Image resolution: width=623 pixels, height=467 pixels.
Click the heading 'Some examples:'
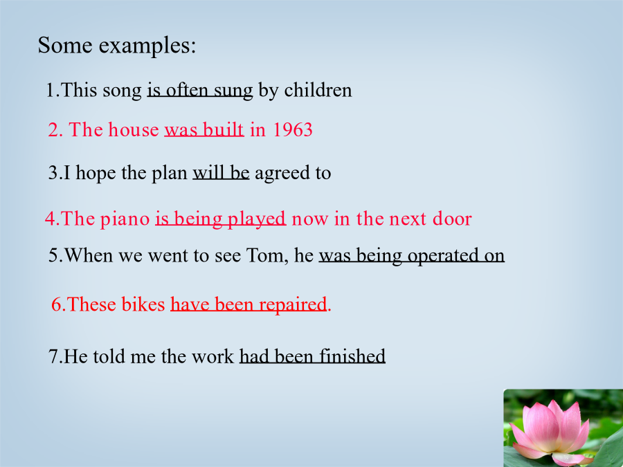(x=117, y=46)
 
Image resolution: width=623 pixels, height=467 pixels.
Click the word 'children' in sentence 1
(x=318, y=90)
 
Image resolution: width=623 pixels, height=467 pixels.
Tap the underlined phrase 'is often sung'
(x=200, y=91)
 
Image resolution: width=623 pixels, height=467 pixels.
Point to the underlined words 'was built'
(x=204, y=130)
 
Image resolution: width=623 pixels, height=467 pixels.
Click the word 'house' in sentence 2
(x=134, y=129)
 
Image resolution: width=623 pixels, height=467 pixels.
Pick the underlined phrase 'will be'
(x=221, y=173)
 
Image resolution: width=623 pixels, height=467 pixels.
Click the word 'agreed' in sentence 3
(x=282, y=174)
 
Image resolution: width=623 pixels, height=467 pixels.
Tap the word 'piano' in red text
(x=125, y=219)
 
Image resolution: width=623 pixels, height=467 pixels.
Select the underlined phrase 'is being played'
(x=221, y=219)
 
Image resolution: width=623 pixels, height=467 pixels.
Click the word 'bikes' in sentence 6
(x=143, y=304)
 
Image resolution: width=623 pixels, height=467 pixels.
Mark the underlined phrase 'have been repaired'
(x=249, y=305)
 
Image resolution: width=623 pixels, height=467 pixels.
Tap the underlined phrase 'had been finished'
(x=312, y=356)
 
